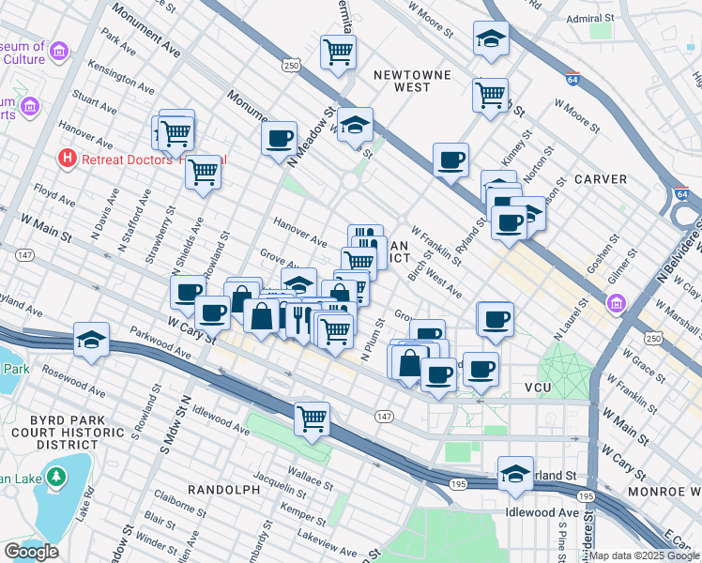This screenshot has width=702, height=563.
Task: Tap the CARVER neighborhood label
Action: click(x=600, y=178)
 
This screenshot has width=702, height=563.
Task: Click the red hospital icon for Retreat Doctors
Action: click(x=67, y=158)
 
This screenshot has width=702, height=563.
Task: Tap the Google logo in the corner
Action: click(x=32, y=552)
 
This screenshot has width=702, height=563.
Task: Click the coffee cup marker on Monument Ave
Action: click(x=279, y=140)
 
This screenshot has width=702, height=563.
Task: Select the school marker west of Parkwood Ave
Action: click(x=92, y=339)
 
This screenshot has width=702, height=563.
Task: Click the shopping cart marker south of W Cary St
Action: click(x=312, y=418)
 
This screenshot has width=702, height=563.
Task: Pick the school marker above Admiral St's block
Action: click(x=491, y=38)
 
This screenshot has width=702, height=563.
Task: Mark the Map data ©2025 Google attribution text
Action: click(x=645, y=555)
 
